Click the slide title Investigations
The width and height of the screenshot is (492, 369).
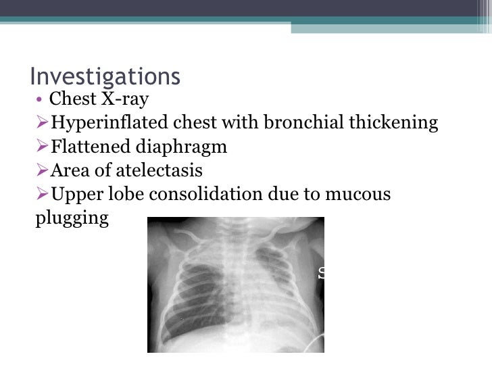pos(105,76)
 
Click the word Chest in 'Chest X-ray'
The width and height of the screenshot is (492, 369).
pos(73,99)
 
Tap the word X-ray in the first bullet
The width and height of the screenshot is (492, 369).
pos(124,99)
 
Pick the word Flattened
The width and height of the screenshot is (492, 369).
pos(87,147)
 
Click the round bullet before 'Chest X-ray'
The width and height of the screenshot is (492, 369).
pos(41,101)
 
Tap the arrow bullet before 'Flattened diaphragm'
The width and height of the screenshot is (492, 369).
pos(42,147)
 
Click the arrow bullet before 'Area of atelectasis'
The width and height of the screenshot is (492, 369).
pos(42,170)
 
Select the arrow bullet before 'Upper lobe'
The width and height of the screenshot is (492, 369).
pos(42,195)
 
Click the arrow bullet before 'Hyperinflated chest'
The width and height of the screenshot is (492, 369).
pos(42,123)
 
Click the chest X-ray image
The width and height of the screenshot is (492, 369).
pos(235,284)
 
